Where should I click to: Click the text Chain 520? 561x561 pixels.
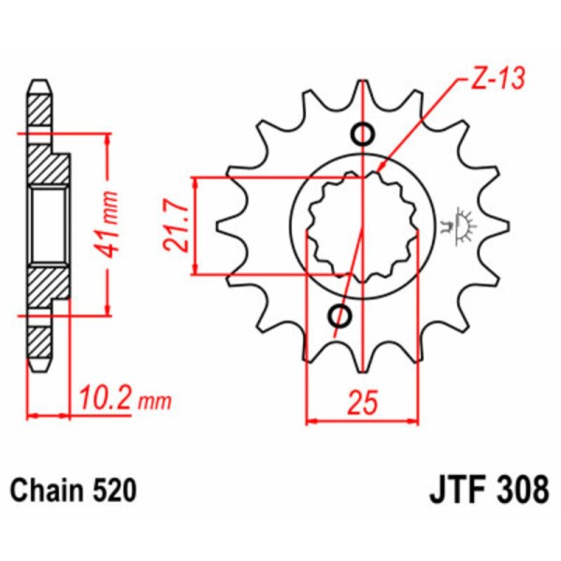click(74, 490)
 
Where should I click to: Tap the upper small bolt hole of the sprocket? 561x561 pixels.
click(363, 133)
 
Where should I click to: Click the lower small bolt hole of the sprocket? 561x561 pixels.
click(339, 317)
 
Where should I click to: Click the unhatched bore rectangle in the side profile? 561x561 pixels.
click(46, 224)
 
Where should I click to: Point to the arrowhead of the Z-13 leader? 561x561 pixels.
click(378, 175)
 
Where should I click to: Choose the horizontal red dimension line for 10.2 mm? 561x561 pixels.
click(50, 413)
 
